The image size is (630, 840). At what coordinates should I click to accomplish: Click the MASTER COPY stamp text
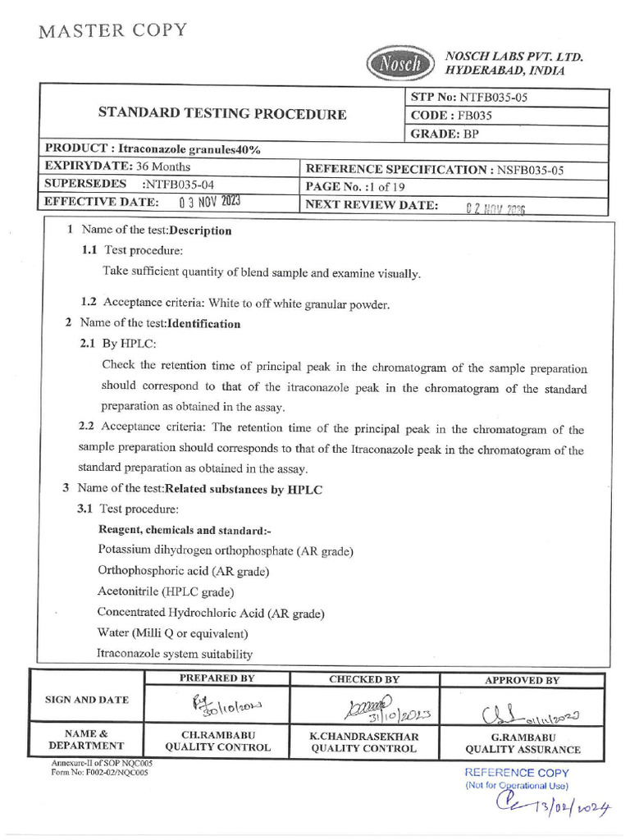pyautogui.click(x=112, y=31)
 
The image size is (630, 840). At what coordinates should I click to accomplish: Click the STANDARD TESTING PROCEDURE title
pyautogui.click(x=222, y=114)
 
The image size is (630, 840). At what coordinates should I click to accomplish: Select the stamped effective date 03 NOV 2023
pyautogui.click(x=209, y=201)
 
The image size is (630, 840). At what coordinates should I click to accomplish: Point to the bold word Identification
pyautogui.click(x=203, y=324)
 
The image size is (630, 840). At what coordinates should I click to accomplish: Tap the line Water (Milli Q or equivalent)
pyautogui.click(x=173, y=633)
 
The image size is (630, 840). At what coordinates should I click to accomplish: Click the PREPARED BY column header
pyautogui.click(x=217, y=678)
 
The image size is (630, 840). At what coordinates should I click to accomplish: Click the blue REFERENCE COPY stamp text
pyautogui.click(x=517, y=773)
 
